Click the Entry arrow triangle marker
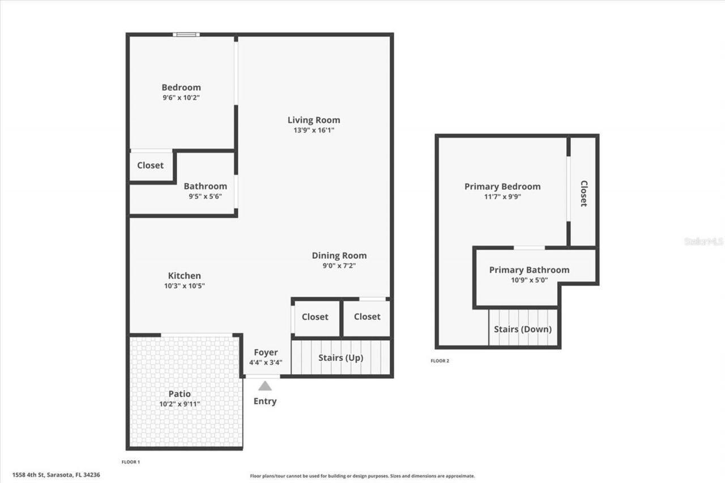tap(265, 386)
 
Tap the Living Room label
tap(314, 119)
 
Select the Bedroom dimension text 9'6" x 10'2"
tap(181, 97)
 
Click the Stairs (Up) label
tap(340, 358)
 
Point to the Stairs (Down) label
tap(523, 329)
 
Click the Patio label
tap(180, 394)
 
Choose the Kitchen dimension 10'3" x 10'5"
tap(184, 286)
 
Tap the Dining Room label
tap(339, 255)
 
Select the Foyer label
tap(266, 352)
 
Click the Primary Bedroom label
tap(502, 186)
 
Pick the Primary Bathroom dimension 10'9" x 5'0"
tap(529, 280)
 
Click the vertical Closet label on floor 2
tap(583, 193)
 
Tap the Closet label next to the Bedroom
tap(150, 165)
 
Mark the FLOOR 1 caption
tap(130, 462)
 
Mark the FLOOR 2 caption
tap(440, 361)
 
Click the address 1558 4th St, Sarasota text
tap(56, 475)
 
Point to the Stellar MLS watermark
tap(703, 241)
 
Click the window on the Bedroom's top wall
tap(186, 35)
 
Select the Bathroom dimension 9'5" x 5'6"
tap(205, 196)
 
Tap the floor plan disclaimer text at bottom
tap(362, 476)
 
